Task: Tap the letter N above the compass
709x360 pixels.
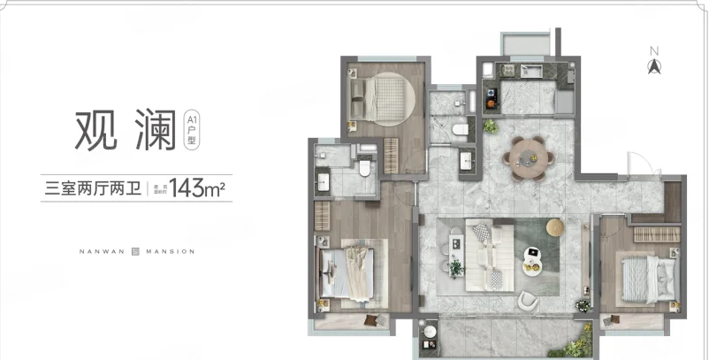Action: click(x=654, y=50)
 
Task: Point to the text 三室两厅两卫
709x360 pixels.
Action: click(x=93, y=188)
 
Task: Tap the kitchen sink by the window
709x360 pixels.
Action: click(x=533, y=70)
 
